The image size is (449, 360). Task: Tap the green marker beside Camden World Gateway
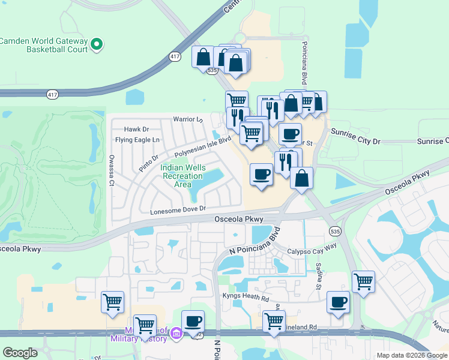pos(97,44)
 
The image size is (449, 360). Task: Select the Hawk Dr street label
pos(136,129)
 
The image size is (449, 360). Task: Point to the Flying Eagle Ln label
pos(138,140)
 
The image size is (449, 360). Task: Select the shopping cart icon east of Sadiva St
pos(363,281)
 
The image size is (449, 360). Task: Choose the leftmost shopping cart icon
pos(112,302)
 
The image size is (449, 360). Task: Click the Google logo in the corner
pos(20,353)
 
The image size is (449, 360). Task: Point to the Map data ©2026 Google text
pos(411,355)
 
